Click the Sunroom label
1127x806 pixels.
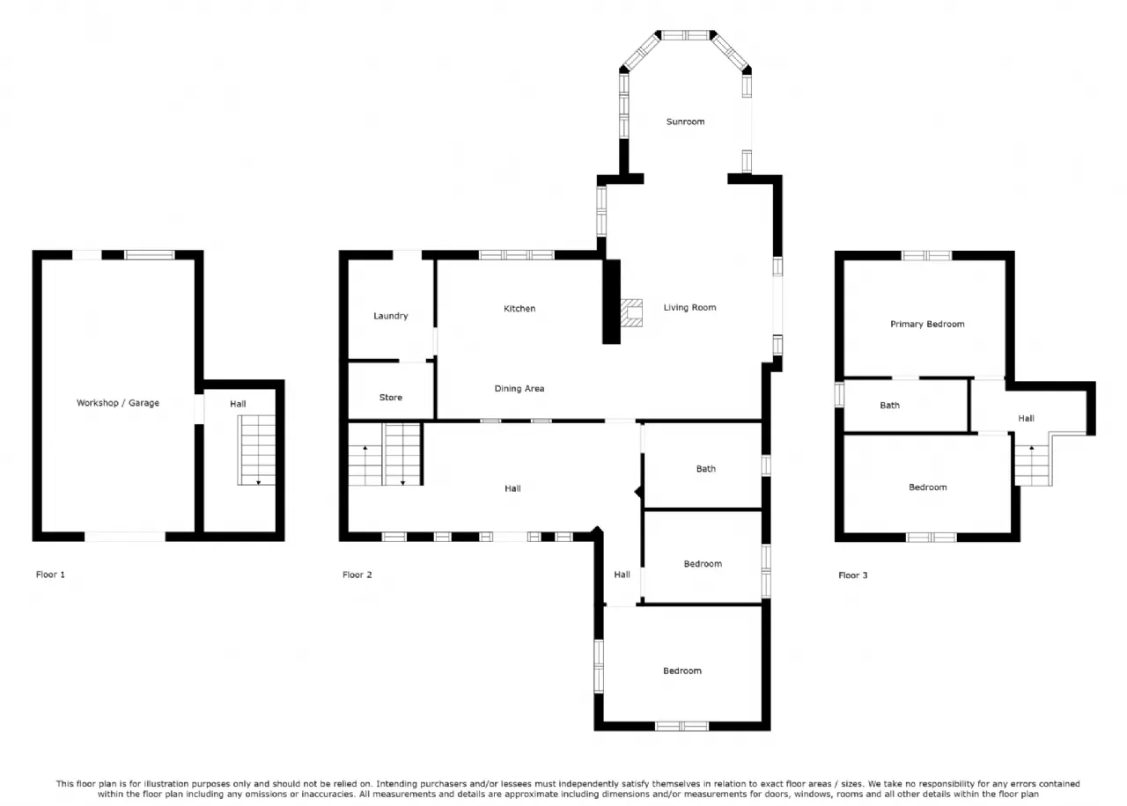(x=685, y=121)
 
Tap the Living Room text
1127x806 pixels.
(x=689, y=308)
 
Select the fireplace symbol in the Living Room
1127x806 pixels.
(x=631, y=312)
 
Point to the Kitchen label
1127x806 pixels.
(x=519, y=309)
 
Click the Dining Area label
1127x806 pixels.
(x=519, y=389)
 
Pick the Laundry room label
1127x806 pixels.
(x=390, y=316)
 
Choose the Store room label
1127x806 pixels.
(x=390, y=398)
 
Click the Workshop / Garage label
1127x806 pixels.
(x=118, y=403)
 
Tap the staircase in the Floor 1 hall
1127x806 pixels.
(x=256, y=450)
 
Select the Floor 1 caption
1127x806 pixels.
(x=50, y=575)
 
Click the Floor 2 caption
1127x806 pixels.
(x=357, y=575)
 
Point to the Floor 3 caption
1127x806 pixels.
(x=853, y=575)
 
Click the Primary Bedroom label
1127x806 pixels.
(x=927, y=325)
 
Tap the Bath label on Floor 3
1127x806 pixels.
(x=889, y=406)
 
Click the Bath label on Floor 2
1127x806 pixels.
(x=706, y=469)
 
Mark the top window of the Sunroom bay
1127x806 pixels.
(x=685, y=35)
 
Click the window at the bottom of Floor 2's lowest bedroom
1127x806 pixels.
(x=681, y=726)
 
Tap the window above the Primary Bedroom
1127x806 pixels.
(x=926, y=255)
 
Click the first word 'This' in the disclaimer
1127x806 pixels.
(x=65, y=784)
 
